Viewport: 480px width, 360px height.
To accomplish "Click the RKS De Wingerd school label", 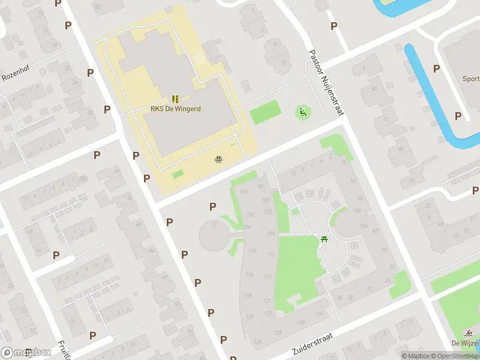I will point(175,109).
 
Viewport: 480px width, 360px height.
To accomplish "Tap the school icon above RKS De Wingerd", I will point(175,99).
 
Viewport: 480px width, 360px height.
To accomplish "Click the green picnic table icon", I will point(325,239).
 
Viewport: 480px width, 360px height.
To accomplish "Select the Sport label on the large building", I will point(470,79).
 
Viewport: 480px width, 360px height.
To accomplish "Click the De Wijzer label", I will point(465,343).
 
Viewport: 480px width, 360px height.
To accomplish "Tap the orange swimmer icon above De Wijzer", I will point(468,333).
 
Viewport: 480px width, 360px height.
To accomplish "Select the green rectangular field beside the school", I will point(265,112).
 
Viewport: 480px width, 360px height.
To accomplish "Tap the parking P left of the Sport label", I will point(436,68).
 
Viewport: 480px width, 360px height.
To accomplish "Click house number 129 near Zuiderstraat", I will point(257,341).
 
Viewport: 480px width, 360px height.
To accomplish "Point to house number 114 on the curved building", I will point(249,275).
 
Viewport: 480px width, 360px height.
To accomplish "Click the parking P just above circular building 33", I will point(212,206).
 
